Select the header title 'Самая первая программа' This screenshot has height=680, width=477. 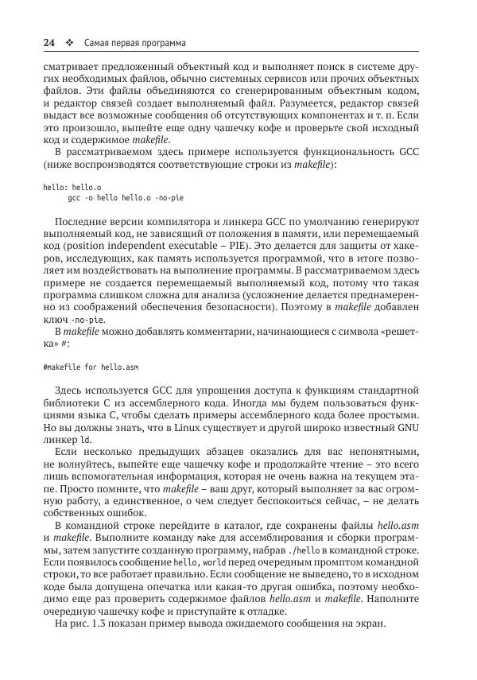point(130,41)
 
